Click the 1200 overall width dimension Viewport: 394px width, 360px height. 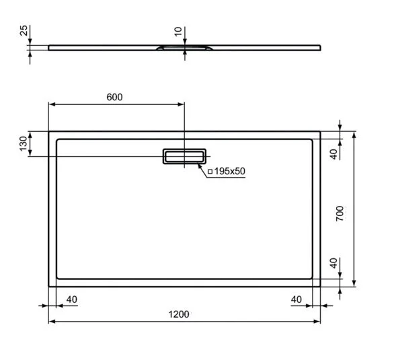pos(178,314)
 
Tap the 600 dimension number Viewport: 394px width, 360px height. pos(114,97)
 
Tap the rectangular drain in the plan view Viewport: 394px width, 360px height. pos(184,156)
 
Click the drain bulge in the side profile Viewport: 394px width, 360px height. pos(184,48)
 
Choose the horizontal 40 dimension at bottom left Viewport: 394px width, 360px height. pos(72,299)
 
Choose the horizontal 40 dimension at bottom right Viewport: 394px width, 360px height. pos(297,299)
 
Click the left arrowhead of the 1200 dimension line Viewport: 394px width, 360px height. pos(51,322)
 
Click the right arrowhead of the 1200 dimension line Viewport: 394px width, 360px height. pos(318,322)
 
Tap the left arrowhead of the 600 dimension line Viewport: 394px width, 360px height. pos(51,105)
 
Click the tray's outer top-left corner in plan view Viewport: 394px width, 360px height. pos(49,132)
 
